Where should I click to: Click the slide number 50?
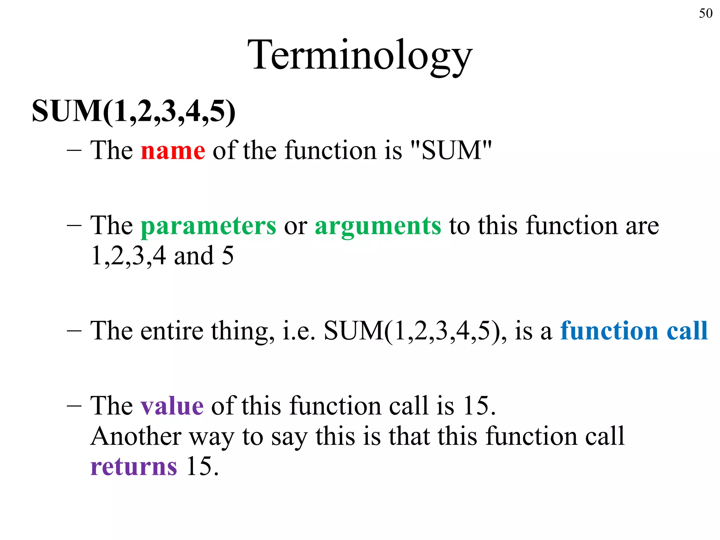pos(705,13)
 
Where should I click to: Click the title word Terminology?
pos(360,56)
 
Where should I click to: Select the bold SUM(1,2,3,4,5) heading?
pos(134,111)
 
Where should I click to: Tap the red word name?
pos(173,150)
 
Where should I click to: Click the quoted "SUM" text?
pos(451,150)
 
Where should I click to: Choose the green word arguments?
pos(378,226)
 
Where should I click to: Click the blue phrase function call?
pos(634,331)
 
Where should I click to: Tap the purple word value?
pos(172,406)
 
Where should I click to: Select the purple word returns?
pos(134,467)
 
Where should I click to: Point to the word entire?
pos(172,331)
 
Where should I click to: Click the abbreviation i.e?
pos(298,331)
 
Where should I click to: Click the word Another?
pos(136,436)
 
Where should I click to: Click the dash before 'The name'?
pos(74,150)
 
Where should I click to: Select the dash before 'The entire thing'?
pos(74,331)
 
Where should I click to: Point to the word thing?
pos(243,331)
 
